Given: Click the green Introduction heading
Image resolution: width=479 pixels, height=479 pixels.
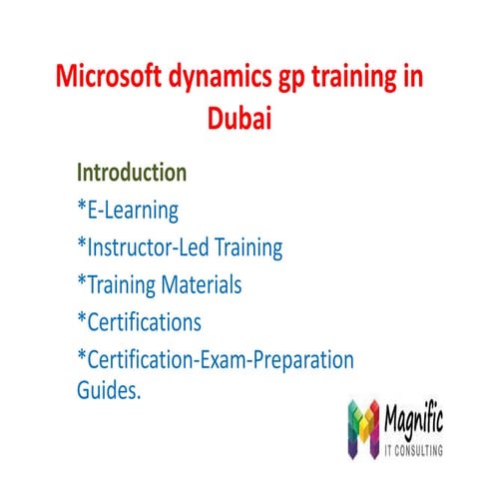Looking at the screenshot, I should [x=132, y=172].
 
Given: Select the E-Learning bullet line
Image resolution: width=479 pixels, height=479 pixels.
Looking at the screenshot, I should [x=128, y=210].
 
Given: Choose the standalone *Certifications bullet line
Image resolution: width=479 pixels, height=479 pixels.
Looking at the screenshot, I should [x=139, y=322].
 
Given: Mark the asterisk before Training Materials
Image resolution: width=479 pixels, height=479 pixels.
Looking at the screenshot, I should [x=82, y=283].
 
